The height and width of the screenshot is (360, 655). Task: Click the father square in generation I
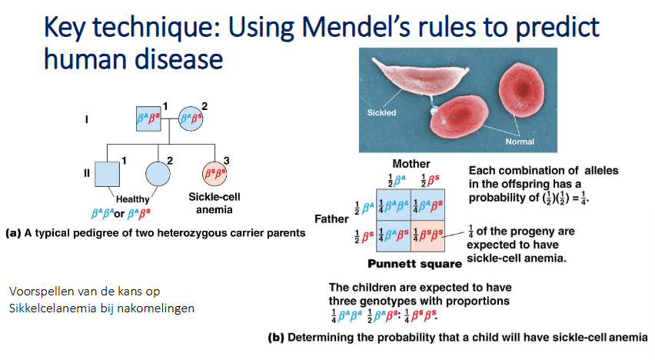pos(148,118)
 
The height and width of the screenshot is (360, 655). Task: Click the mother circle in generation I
pos(191,118)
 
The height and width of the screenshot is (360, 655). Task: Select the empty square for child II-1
pos(108,174)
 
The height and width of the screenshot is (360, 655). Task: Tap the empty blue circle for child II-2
pos(158,174)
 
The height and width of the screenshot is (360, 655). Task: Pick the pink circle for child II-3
pos(214,174)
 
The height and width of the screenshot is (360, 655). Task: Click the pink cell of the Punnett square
pos(427,236)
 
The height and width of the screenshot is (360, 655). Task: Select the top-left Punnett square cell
pos(394,205)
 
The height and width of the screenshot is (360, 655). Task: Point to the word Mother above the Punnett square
pos(411,164)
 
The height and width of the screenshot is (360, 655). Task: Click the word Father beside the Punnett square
pos(331,218)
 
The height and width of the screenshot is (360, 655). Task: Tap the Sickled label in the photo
pos(381,112)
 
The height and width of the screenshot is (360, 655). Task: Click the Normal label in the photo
pos(520,142)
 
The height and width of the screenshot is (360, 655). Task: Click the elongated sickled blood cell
pos(420,76)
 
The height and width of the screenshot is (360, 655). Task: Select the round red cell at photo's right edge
pos(521,89)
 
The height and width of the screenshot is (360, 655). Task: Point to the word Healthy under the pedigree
pos(132,199)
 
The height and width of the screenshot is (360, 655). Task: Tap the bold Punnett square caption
pos(415,264)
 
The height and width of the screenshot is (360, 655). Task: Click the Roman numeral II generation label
pos(86,173)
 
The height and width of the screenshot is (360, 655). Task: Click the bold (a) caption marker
pos(13,233)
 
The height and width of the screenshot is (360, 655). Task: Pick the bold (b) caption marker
pos(276,338)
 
